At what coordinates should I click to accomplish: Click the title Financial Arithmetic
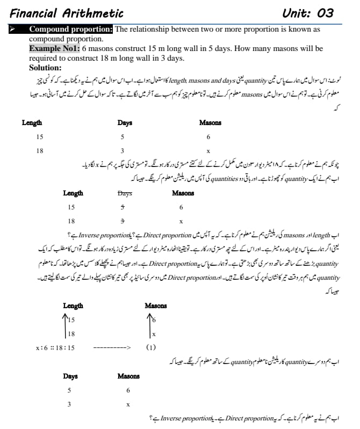tap(67, 13)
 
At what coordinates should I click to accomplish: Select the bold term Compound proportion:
tap(71, 29)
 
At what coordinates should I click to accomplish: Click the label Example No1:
tap(54, 48)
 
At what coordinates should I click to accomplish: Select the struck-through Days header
tap(125, 193)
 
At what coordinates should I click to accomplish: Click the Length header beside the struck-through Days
tap(73, 193)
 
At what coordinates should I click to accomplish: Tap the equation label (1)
tap(151, 347)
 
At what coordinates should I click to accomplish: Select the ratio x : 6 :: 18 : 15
tap(55, 347)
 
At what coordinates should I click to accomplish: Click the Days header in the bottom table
tap(70, 376)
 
